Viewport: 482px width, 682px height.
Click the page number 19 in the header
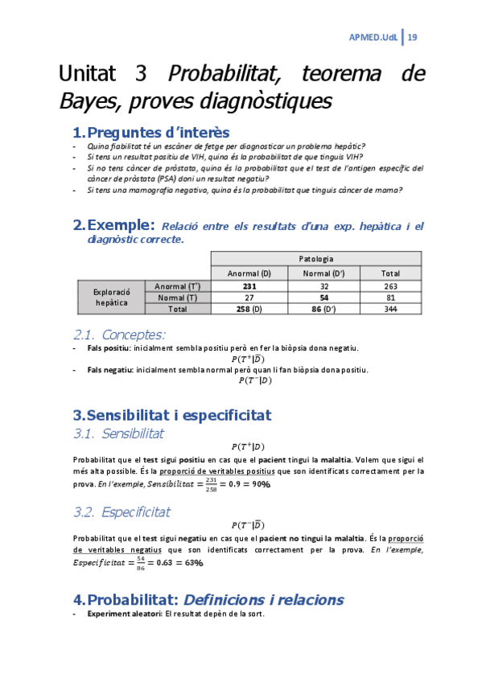tap(412, 37)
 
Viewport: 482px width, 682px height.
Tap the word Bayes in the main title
tap(83, 102)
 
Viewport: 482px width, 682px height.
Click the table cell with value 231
tap(249, 286)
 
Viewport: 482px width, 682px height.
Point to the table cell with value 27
tap(249, 297)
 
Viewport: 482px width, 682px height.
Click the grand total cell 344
tap(389, 308)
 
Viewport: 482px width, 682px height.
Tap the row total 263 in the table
tap(389, 286)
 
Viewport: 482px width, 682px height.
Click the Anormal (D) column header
tap(249, 273)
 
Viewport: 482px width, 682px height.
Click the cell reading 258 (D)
tap(249, 308)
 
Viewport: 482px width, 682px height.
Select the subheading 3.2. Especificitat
tap(122, 511)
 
